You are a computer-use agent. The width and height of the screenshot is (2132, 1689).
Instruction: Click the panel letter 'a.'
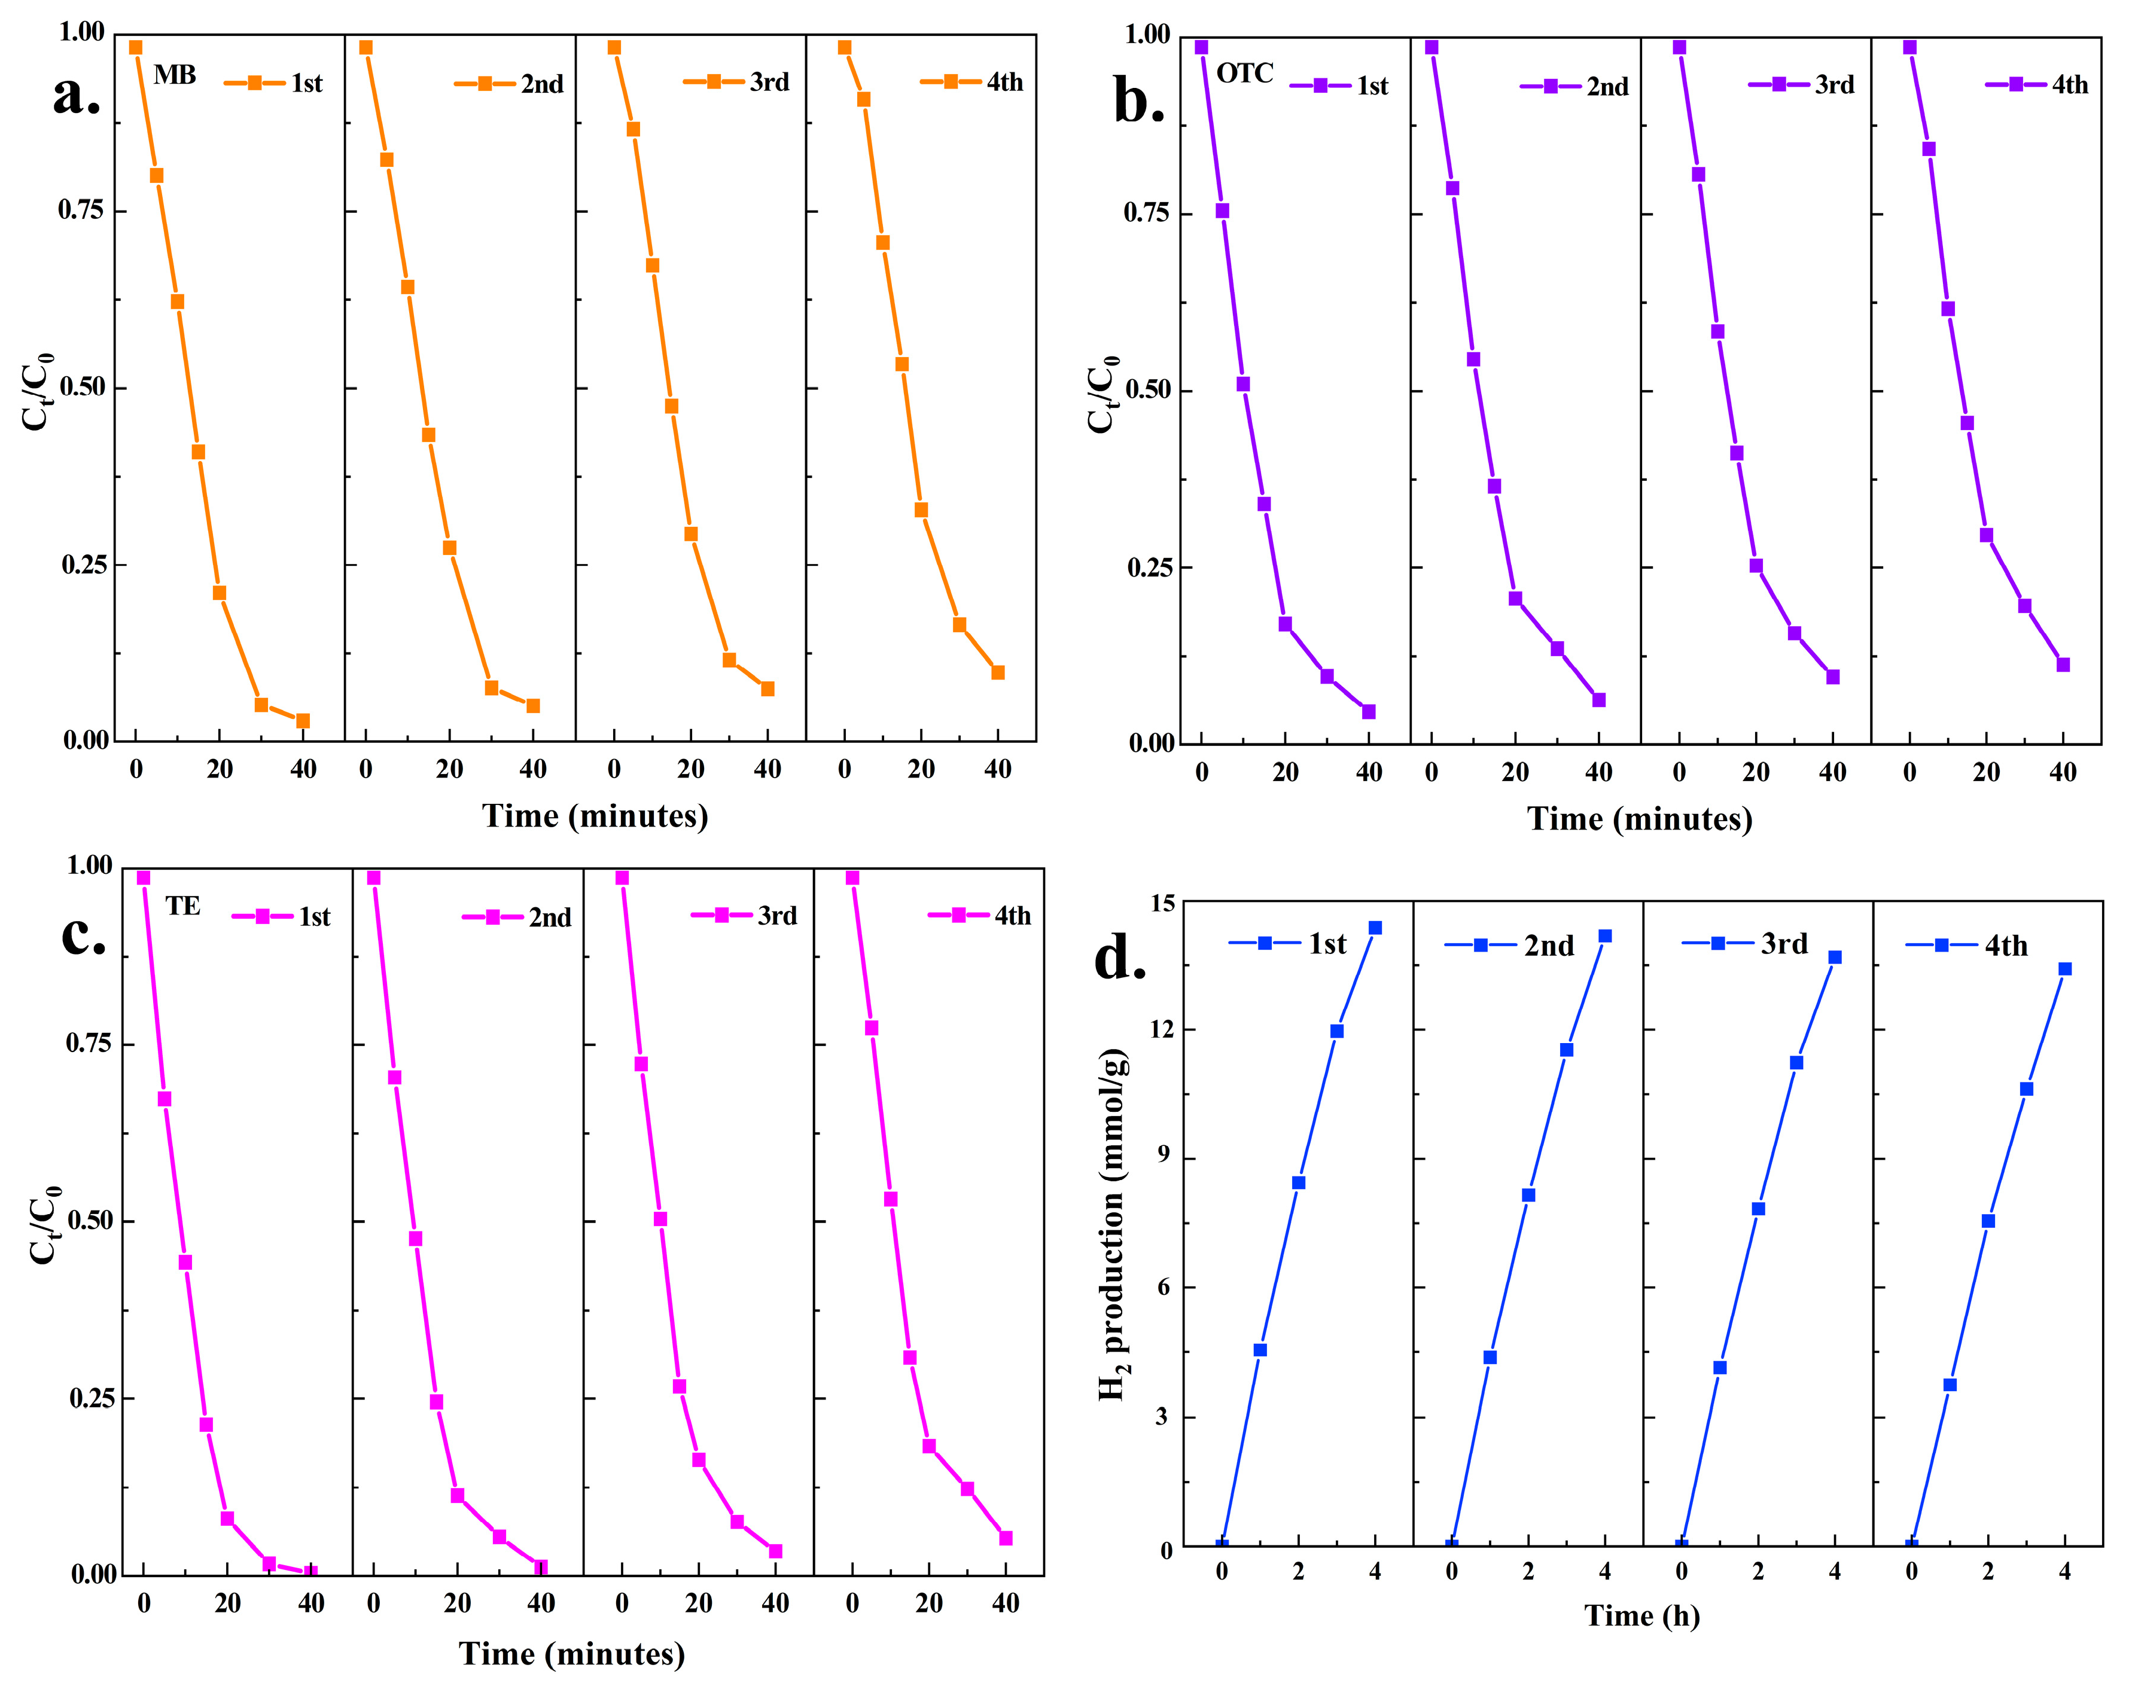coord(76,96)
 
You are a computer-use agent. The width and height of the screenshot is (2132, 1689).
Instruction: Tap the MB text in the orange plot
coord(175,75)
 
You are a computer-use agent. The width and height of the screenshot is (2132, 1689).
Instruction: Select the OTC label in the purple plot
coord(1244,73)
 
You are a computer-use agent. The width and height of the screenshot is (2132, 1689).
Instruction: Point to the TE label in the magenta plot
coord(183,906)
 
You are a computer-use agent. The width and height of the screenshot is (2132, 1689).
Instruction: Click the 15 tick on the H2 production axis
coord(1163,903)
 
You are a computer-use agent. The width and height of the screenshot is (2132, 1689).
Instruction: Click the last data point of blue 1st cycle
coord(1375,928)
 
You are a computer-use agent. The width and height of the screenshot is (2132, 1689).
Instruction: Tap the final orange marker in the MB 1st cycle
coord(303,721)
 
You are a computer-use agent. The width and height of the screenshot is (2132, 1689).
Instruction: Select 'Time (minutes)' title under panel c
coord(571,1653)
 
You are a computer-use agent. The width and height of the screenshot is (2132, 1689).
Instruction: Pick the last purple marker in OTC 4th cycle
coord(2063,664)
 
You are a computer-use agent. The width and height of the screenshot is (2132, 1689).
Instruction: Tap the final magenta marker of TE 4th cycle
coord(1006,1538)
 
